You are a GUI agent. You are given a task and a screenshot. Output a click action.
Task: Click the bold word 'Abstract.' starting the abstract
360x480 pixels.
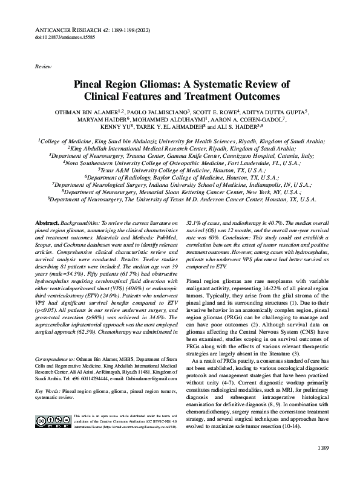[x=49, y=224]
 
